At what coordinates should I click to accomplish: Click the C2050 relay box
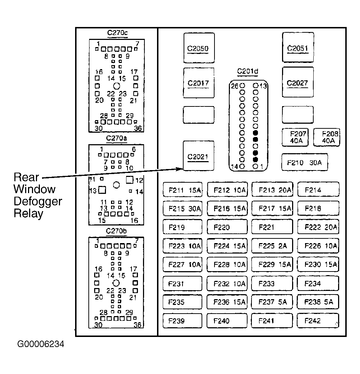[199, 48]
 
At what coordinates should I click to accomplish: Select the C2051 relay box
[298, 47]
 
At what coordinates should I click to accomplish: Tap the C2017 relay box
[199, 83]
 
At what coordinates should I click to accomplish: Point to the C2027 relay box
[298, 82]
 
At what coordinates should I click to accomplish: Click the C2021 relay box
[198, 156]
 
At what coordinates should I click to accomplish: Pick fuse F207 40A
[295, 137]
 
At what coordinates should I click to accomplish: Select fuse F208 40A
[327, 137]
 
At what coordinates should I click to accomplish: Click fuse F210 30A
[305, 162]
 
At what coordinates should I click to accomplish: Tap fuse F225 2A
[272, 246]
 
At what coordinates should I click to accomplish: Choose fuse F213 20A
[272, 190]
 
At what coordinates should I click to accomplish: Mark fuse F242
[318, 321]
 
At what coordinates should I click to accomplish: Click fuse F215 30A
[183, 209]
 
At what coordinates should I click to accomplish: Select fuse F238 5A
[318, 302]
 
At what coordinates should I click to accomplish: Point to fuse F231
[183, 284]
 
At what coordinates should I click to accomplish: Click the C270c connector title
[117, 33]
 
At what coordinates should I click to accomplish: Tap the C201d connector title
[248, 71]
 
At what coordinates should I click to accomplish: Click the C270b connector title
[116, 231]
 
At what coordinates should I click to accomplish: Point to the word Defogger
[38, 202]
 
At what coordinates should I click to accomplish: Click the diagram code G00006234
[41, 344]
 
